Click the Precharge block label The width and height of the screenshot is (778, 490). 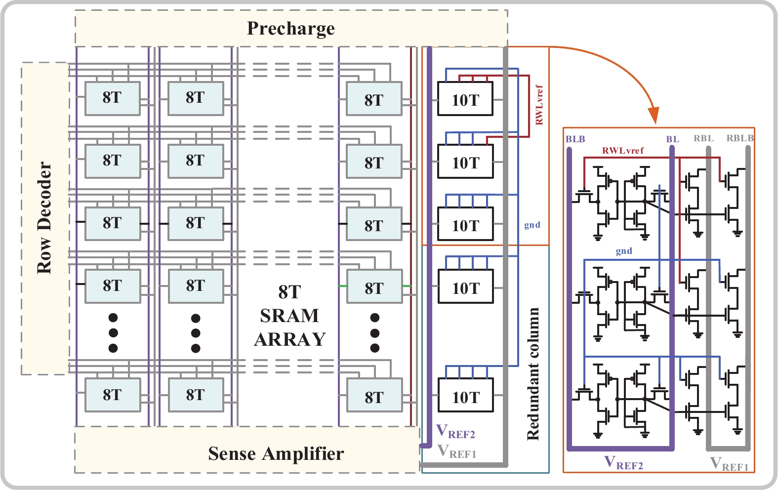pyautogui.click(x=290, y=29)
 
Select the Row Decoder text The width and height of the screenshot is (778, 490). pyautogui.click(x=45, y=218)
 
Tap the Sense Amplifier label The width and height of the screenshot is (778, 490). pyautogui.click(x=276, y=453)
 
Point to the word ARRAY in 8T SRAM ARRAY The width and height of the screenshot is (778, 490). pyautogui.click(x=290, y=339)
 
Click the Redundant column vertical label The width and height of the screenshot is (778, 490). pyautogui.click(x=533, y=373)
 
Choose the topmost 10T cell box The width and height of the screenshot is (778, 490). pyautogui.click(x=465, y=99)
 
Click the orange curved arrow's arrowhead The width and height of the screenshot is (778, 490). pyautogui.click(x=654, y=117)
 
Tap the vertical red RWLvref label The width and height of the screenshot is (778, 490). pyautogui.click(x=539, y=105)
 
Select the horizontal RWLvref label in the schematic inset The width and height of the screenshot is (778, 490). pyautogui.click(x=623, y=151)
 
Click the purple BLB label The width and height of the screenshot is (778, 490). pyautogui.click(x=575, y=139)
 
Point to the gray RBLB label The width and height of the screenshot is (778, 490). pyautogui.click(x=739, y=138)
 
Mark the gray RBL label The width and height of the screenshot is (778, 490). pyautogui.click(x=703, y=138)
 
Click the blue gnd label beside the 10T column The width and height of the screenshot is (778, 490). pyautogui.click(x=532, y=225)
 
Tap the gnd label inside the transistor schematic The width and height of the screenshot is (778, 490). pyautogui.click(x=624, y=251)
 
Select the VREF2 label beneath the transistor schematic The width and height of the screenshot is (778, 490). pyautogui.click(x=624, y=463)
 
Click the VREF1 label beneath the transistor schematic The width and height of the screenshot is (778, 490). pyautogui.click(x=729, y=464)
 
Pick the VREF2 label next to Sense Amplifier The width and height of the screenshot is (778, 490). pyautogui.click(x=455, y=432)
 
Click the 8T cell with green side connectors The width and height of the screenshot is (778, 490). pyautogui.click(x=374, y=286)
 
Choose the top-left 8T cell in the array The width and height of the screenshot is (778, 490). pyautogui.click(x=112, y=98)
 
